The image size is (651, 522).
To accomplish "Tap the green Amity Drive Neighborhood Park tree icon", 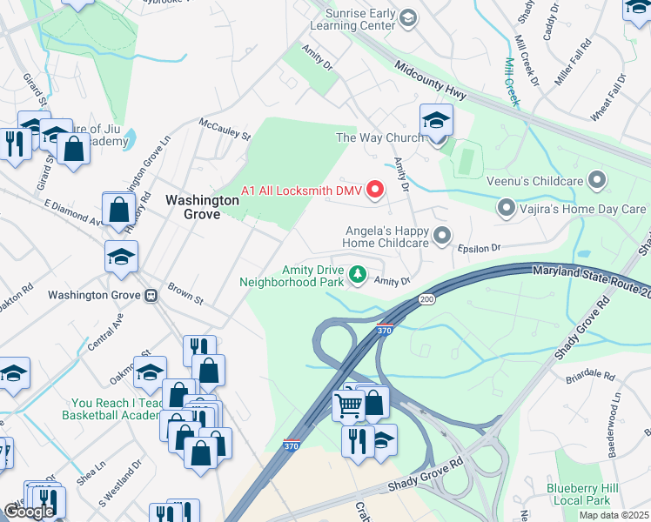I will coord(357,276).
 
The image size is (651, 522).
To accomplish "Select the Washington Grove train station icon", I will coord(151,295).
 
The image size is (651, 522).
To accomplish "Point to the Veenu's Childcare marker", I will coord(597,181).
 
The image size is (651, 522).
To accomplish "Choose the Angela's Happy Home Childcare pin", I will coord(443,236).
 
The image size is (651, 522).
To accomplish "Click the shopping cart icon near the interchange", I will coord(349,405).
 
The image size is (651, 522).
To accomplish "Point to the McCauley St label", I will coord(225,129).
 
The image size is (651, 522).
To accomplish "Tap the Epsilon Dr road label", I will coord(484,248).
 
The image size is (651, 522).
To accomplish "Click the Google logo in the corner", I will coord(29,511).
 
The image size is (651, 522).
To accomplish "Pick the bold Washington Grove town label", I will coord(202,206).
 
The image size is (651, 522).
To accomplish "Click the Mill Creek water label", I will coord(513,81).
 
